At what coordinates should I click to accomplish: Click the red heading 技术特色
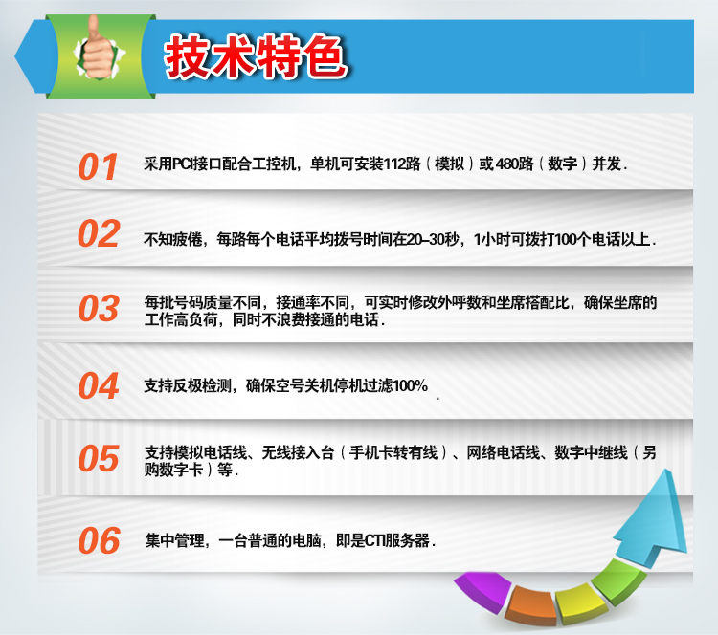tap(256, 56)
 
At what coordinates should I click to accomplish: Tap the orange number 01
tap(98, 166)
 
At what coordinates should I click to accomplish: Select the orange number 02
tap(99, 233)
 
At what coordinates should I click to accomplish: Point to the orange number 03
tap(99, 308)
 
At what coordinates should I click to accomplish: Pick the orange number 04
tap(99, 385)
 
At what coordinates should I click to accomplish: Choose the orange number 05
tap(99, 458)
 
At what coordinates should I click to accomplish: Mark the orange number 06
tap(99, 540)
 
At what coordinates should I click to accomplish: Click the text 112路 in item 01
tap(402, 164)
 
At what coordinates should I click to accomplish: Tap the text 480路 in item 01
tap(515, 164)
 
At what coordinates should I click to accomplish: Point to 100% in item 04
tap(411, 385)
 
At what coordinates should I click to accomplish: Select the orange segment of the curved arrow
tap(532, 604)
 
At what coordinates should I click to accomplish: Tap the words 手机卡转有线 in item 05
tap(393, 452)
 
